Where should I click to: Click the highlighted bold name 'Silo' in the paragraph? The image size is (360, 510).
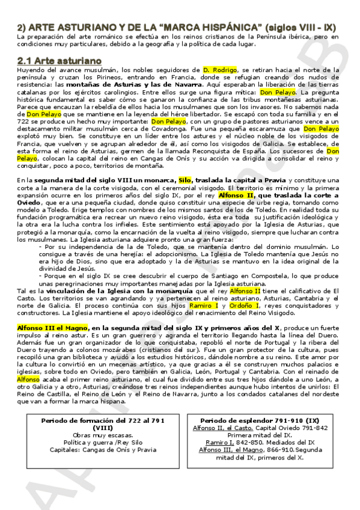pos(185,180)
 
